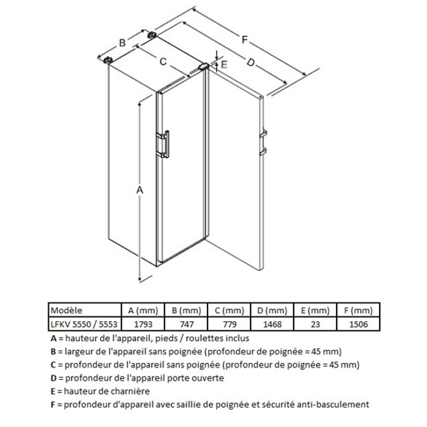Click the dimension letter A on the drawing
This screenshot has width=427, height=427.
click(x=140, y=190)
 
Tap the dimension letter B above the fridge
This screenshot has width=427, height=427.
click(x=122, y=42)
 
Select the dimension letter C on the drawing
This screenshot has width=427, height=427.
click(x=163, y=62)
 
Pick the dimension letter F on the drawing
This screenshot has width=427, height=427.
click(x=244, y=40)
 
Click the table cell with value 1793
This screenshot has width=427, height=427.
click(x=143, y=325)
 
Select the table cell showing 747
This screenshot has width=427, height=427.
click(x=186, y=325)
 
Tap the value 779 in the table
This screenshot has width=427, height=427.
click(x=230, y=325)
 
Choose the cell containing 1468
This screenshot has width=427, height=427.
click(x=272, y=325)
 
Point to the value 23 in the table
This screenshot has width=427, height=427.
click(x=316, y=325)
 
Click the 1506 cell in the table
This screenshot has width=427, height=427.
click(x=358, y=325)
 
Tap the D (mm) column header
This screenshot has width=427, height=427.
click(x=272, y=310)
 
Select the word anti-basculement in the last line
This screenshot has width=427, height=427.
click(x=333, y=404)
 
